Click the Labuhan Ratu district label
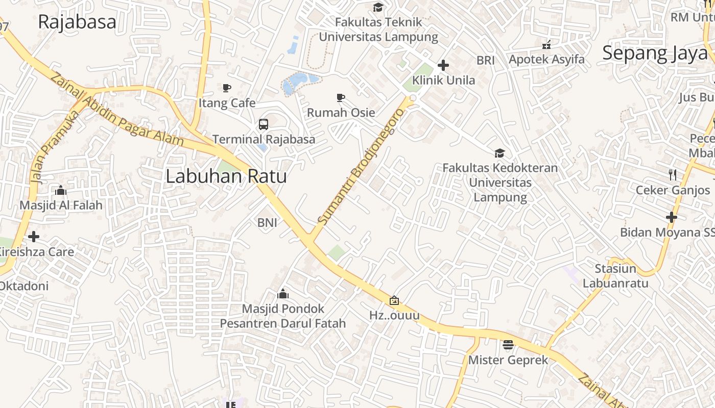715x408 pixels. [226, 176]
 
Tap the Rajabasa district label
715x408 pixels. [77, 22]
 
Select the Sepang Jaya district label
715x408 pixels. [655, 53]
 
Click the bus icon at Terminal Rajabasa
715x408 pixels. [264, 124]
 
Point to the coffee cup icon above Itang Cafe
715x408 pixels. [227, 88]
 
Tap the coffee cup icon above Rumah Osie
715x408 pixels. [341, 97]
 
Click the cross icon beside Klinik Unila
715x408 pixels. [443, 65]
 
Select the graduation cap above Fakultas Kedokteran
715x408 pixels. [499, 153]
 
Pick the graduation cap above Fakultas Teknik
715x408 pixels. [378, 7]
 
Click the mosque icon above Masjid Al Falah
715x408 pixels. [61, 191]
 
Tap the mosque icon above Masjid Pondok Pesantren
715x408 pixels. [282, 294]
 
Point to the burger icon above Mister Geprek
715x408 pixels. [508, 345]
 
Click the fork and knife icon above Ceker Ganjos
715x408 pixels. [672, 175]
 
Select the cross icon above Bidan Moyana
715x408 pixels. [671, 217]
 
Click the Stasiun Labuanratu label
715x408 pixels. [615, 276]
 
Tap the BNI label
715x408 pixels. [267, 222]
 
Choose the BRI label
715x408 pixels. [485, 60]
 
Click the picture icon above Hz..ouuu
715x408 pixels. [394, 300]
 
